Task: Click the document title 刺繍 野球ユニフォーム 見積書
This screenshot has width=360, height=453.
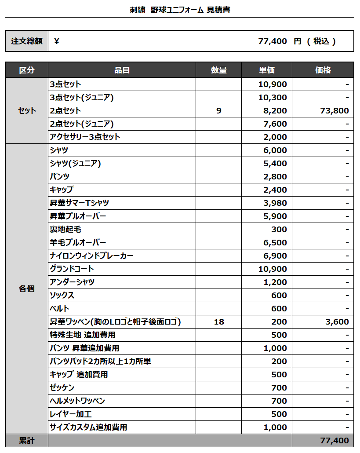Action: tap(180, 10)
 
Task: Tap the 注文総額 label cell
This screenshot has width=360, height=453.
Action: tap(27, 41)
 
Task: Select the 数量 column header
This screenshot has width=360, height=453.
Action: tap(218, 70)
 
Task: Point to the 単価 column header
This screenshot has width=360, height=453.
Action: tap(267, 70)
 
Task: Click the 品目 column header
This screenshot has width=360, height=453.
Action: tap(122, 70)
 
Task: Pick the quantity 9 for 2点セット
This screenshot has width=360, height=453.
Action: tap(218, 110)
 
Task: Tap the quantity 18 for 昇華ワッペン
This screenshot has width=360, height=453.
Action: tap(218, 321)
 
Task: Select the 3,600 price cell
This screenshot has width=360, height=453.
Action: tap(337, 321)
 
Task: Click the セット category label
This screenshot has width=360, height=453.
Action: tap(27, 110)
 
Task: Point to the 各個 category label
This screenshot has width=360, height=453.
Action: tap(27, 289)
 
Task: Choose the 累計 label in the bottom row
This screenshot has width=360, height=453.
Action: tap(27, 440)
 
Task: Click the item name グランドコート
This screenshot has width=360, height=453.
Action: tap(72, 269)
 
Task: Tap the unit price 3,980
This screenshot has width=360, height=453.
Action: tap(275, 203)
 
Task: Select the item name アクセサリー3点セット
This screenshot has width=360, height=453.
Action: tap(85, 137)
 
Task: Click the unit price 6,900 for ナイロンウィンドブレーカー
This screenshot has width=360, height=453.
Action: tap(275, 256)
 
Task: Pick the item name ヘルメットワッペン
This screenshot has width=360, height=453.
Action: tap(77, 401)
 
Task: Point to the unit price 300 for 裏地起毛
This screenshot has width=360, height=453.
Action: tap(279, 229)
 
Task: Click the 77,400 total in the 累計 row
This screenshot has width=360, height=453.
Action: tap(335, 440)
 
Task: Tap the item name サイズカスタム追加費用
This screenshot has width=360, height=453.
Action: tap(88, 427)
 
